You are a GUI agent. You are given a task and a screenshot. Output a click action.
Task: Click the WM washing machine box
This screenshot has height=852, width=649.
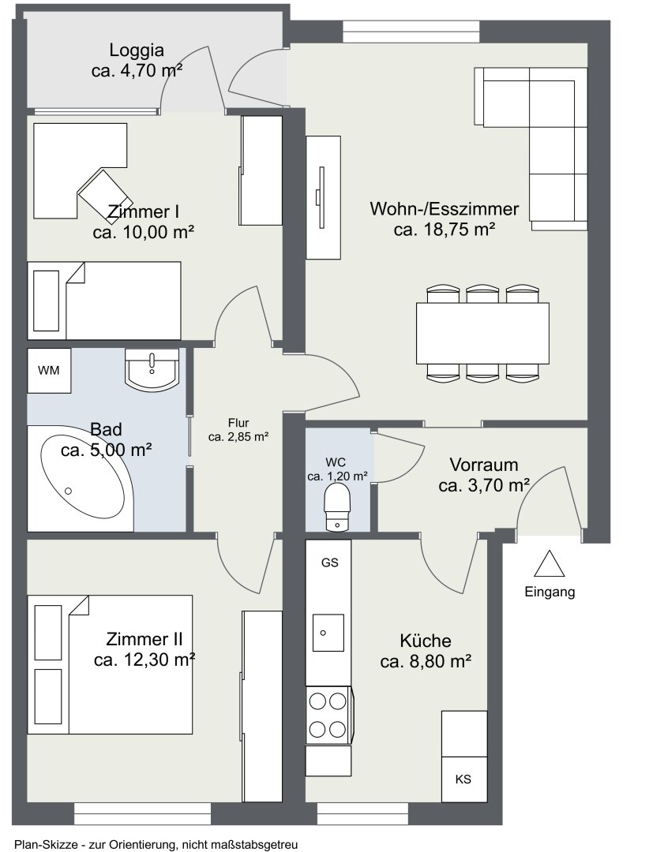click(49, 371)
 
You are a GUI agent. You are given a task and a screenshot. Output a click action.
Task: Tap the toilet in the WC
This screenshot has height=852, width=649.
click(336, 507)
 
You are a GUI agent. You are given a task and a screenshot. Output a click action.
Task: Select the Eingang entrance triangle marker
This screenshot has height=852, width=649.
click(549, 563)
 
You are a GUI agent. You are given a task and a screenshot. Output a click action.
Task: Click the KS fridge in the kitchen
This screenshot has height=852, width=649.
click(463, 779)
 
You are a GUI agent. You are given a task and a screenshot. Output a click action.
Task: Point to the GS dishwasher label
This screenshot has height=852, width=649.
click(330, 562)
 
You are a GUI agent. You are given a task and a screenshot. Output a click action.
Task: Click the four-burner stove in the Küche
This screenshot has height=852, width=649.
click(328, 715)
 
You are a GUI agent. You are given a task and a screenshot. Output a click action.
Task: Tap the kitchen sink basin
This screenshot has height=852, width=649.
click(328, 633)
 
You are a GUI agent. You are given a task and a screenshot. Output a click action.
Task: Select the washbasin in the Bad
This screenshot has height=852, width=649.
click(152, 369)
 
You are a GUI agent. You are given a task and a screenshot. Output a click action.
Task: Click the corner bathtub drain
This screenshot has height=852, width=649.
click(68, 491)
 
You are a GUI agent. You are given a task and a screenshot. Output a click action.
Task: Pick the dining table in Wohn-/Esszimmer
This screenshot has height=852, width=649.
click(482, 333)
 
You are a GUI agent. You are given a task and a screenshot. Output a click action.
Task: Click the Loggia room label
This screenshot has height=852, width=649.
click(137, 50)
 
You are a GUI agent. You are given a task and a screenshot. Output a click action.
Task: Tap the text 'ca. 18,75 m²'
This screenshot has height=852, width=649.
click(445, 230)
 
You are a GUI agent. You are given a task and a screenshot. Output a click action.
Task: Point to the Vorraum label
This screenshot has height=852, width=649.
click(484, 465)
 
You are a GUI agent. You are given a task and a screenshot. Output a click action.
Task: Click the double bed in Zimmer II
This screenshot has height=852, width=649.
click(110, 664)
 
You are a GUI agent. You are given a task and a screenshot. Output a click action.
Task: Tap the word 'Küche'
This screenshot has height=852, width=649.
click(426, 641)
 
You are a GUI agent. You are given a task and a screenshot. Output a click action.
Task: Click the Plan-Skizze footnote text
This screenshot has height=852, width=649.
click(156, 844)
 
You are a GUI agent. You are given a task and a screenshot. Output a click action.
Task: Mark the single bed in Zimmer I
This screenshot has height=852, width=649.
click(104, 301)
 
